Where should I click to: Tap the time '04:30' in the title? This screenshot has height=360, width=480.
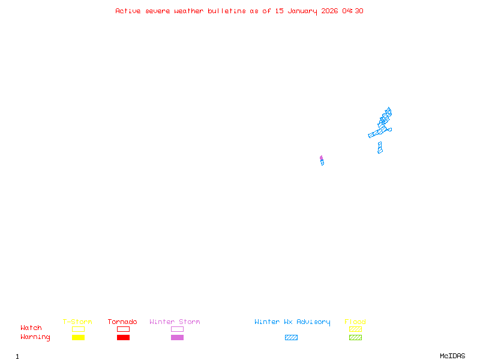coord(353,11)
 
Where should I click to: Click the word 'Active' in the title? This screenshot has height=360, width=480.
coord(127,11)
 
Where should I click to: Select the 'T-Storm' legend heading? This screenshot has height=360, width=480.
coord(77,322)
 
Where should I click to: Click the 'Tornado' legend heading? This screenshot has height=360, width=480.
coord(122,322)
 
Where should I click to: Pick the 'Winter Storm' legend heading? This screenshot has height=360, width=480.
coord(175,322)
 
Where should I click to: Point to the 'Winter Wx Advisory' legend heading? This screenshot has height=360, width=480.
coord(292,322)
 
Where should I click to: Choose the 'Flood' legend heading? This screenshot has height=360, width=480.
coord(355,322)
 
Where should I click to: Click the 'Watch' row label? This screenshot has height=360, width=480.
coord(31,328)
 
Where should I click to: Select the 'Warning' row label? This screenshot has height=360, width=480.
coord(35,337)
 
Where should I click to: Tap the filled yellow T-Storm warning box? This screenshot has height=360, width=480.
coord(78,338)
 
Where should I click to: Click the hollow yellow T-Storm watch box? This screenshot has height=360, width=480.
coord(78,329)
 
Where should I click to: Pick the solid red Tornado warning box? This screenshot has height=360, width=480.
coord(123,338)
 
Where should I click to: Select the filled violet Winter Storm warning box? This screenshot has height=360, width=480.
coord(177,338)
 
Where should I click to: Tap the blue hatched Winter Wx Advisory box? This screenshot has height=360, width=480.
coord(291,338)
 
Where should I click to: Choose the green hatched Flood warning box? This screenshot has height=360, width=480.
coord(355,338)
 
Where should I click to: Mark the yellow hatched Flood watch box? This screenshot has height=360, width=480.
coord(355,329)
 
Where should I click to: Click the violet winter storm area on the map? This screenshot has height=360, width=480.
coord(321,158)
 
